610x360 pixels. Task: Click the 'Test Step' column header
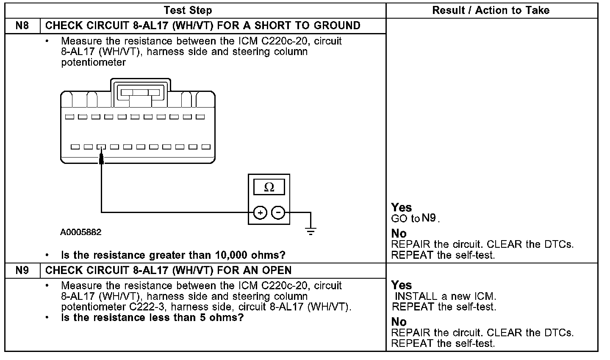(188, 10)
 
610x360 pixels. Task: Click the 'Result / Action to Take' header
(491, 10)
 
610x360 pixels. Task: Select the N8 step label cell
(22, 25)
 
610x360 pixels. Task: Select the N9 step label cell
(22, 270)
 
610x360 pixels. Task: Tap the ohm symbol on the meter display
(269, 187)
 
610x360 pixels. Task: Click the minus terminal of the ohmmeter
(278, 212)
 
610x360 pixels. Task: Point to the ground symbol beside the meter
(311, 231)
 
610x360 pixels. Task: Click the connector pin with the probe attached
(101, 147)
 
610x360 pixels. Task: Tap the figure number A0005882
(81, 233)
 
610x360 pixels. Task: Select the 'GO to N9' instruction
(415, 219)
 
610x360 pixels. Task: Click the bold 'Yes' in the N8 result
(401, 208)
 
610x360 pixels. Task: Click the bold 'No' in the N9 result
(399, 322)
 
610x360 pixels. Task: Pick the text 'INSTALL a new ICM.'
(445, 296)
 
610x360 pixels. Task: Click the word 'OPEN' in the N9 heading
(277, 270)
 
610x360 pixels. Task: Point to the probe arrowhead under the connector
(101, 159)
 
